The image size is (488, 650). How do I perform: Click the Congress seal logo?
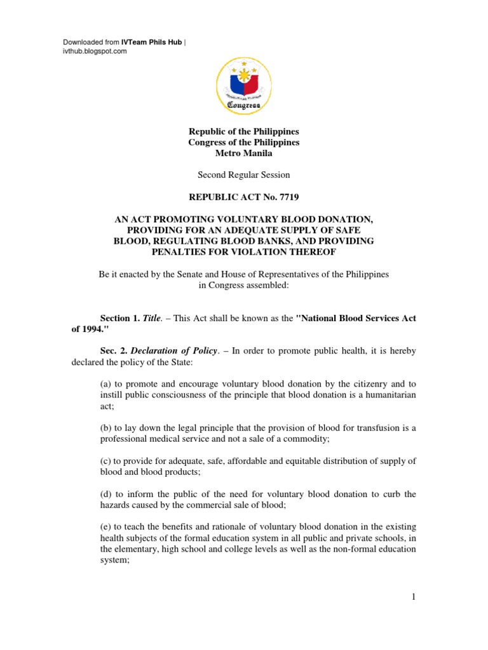click(x=244, y=82)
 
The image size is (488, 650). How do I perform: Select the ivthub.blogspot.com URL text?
click(x=95, y=51)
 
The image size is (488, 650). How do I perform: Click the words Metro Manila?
click(x=243, y=154)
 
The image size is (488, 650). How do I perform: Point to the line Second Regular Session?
click(x=243, y=175)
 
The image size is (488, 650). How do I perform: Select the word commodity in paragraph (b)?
click(x=311, y=439)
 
